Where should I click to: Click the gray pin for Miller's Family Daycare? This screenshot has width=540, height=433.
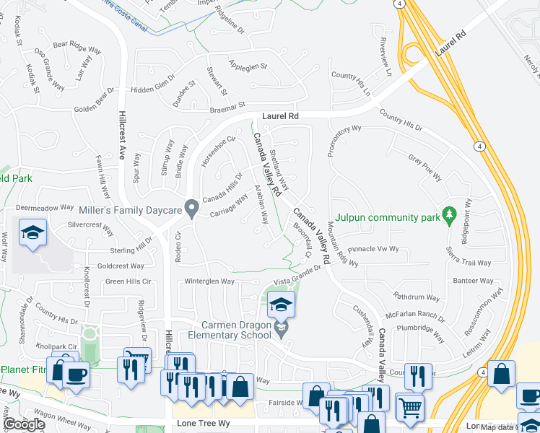(x=191, y=209)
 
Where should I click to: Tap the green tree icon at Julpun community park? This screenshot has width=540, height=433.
(x=450, y=214)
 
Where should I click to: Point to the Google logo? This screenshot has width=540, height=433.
(x=24, y=424)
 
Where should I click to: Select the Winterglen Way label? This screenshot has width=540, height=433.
(x=209, y=281)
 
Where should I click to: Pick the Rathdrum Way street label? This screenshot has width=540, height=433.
(x=416, y=297)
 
